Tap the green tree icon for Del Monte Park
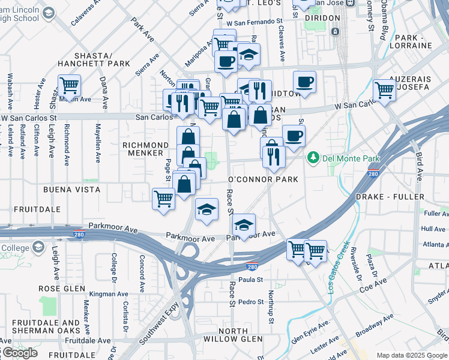tap(313, 158)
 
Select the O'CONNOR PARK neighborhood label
tap(264, 179)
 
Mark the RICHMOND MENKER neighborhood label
tap(145, 149)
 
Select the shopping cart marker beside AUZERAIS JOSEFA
tap(384, 90)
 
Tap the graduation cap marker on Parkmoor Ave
tap(244, 225)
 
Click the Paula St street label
tap(251, 280)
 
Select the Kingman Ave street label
tap(109, 295)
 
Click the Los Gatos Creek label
tap(337, 266)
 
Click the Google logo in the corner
tap(19, 353)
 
